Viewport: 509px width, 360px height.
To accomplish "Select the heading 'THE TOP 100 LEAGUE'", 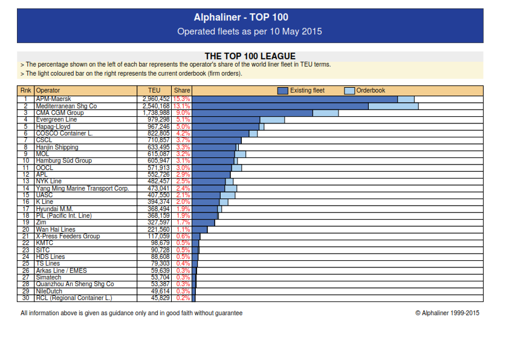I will click(x=250, y=56).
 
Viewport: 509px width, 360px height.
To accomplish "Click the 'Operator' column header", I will click(x=48, y=90).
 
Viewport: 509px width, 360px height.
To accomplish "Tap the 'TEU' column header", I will click(x=154, y=90).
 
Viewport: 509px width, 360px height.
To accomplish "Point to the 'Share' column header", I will click(x=182, y=90).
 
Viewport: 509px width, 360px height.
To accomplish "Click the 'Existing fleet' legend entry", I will click(x=307, y=90).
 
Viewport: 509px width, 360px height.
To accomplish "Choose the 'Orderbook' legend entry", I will click(x=371, y=90).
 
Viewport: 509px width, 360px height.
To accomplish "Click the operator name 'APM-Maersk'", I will click(x=54, y=99).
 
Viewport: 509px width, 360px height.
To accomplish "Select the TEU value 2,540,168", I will click(x=156, y=106).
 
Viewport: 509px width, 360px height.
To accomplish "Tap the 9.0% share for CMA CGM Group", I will click(x=183, y=113).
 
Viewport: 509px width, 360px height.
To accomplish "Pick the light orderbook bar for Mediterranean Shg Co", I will click(x=394, y=106).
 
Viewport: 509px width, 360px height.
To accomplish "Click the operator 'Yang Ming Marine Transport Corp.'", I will click(x=82, y=188).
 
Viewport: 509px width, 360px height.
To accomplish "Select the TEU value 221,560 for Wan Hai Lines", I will click(x=158, y=229).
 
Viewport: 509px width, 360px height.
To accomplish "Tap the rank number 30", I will click(x=26, y=298).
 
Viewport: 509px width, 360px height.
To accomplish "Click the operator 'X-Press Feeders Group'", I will click(x=68, y=236).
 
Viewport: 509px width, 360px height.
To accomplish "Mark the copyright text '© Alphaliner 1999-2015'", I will click(x=447, y=313).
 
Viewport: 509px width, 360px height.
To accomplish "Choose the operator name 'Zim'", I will click(x=41, y=223).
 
